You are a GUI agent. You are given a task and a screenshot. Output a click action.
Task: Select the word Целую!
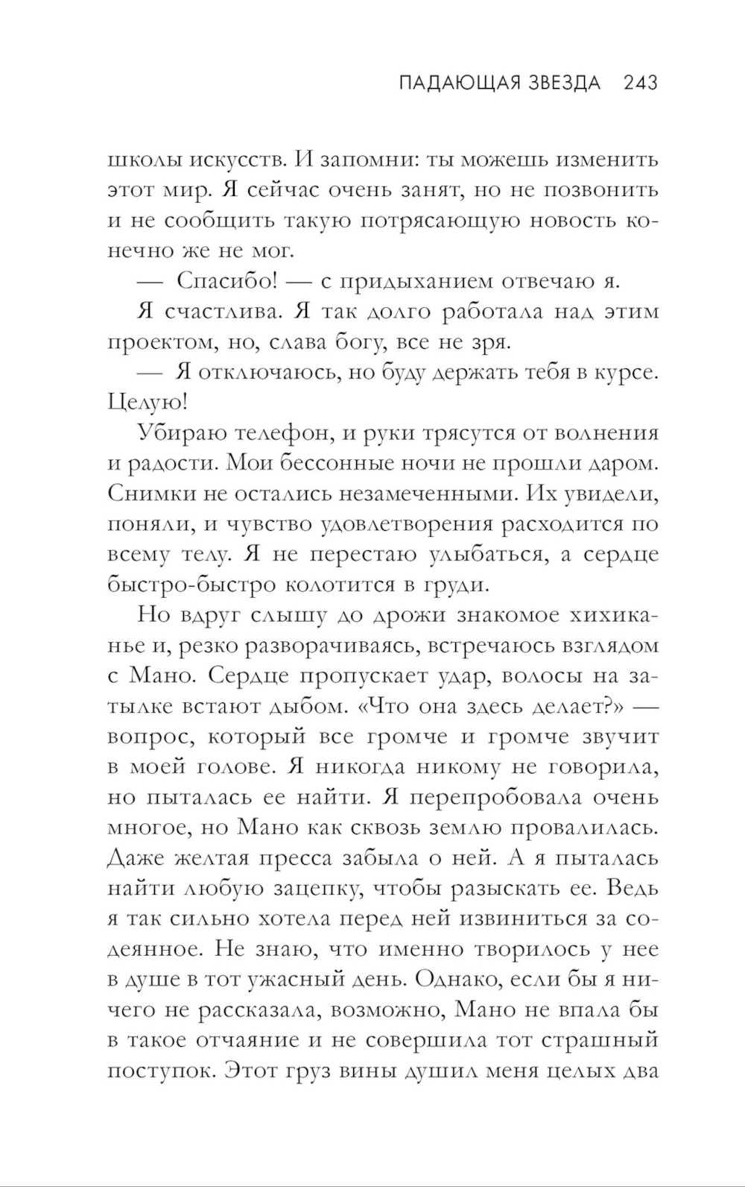(148, 403)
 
